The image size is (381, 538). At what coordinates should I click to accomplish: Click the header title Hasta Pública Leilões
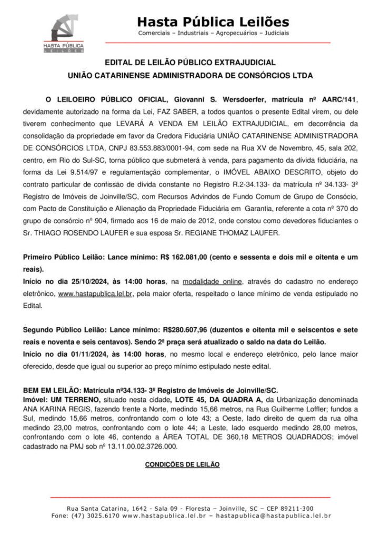coord(213,22)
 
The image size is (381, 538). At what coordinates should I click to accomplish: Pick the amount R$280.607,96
coord(181,329)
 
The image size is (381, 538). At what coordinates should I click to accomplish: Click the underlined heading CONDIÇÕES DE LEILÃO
coord(182,465)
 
